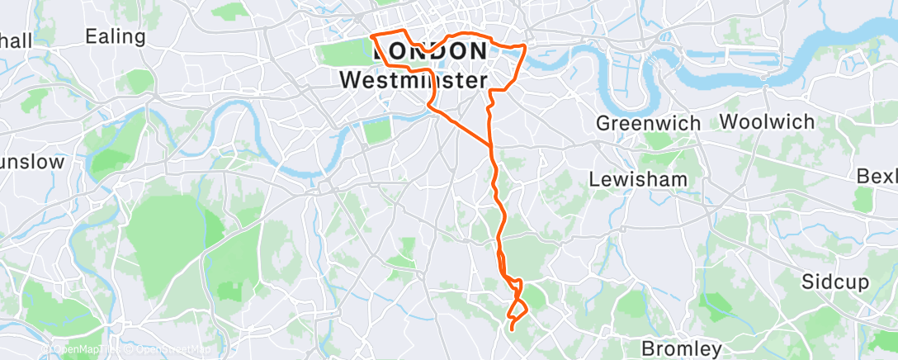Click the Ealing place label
pos(115,37)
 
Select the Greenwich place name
pos(648,123)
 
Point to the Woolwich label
pos(767,121)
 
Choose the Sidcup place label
pos(834,282)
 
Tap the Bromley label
pos(682,348)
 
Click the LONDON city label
pos(430,51)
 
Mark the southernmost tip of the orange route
pos(512,329)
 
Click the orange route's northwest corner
pos(372,37)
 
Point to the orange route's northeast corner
pos(525,45)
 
